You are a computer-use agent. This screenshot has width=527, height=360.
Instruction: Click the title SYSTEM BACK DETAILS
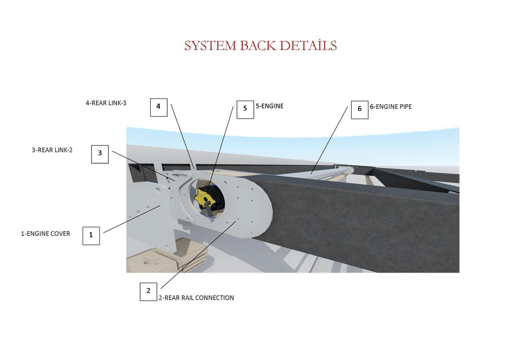click(x=260, y=45)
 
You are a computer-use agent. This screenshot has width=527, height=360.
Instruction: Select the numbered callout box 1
click(x=91, y=235)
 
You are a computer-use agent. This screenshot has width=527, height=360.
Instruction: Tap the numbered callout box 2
click(x=148, y=291)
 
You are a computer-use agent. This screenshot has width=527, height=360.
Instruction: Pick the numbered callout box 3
click(x=100, y=154)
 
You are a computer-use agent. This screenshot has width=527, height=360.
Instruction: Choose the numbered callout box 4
click(x=159, y=107)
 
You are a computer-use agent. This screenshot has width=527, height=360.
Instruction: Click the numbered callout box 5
click(x=245, y=110)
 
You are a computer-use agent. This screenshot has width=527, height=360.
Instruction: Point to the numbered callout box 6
click(x=360, y=110)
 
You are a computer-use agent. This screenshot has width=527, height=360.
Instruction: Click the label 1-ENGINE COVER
click(x=45, y=233)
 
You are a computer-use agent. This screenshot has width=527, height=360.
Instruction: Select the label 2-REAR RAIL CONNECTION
click(x=196, y=298)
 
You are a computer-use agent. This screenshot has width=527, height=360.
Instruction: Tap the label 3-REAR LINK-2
click(x=52, y=150)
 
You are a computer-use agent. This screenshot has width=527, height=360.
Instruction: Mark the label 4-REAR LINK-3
click(x=106, y=103)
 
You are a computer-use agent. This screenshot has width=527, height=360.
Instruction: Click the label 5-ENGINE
click(x=270, y=106)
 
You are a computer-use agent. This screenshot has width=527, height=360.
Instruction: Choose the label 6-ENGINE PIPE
click(x=391, y=107)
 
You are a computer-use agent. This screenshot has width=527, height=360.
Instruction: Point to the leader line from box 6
click(x=330, y=140)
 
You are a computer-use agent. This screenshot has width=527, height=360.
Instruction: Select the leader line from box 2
click(x=199, y=254)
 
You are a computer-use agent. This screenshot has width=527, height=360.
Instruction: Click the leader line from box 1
click(x=132, y=219)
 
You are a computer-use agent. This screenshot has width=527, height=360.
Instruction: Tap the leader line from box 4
click(x=182, y=136)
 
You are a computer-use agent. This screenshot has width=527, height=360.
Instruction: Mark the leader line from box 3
click(x=143, y=166)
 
